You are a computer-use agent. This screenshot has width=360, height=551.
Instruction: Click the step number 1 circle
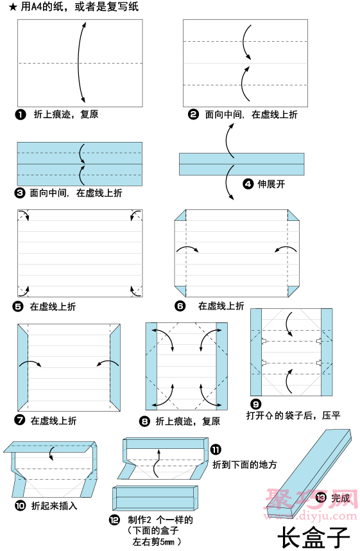coord(21,114)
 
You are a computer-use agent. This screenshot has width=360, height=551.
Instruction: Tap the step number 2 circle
coord(193,114)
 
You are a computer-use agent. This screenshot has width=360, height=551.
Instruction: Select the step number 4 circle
coord(248,184)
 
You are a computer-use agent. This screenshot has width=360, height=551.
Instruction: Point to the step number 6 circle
coord(180,306)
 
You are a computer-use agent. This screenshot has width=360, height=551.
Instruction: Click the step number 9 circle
coord(255,405)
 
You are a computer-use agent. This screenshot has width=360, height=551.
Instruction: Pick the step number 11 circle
coord(216,450)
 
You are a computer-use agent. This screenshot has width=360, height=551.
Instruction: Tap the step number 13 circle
coord(321,498)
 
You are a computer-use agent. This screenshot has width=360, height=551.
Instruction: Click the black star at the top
coord(13,7)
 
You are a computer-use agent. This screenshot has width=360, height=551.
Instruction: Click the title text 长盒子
coord(313,538)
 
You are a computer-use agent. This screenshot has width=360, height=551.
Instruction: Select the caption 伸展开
coord(271,184)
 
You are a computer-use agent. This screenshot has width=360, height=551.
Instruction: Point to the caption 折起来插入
coord(54,505)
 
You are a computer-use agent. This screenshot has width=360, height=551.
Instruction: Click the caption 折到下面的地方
coord(244,464)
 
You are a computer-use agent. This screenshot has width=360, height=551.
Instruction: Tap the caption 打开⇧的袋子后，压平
coord(293,415)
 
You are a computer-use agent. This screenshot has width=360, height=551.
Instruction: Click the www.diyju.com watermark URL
coord(313,516)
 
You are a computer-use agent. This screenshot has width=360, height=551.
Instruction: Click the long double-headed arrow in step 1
coord(79,62)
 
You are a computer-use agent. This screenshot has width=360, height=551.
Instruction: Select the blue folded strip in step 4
coord(242,164)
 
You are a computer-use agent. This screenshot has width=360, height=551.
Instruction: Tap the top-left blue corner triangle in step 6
coord(180,215)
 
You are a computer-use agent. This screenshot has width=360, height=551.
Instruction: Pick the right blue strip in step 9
coord(327,352)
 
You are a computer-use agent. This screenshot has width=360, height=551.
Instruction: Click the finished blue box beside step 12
coord(155,498)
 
